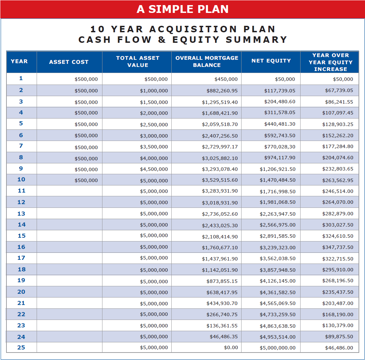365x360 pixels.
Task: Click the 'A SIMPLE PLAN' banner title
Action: [182, 9]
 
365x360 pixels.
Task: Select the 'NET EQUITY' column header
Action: [271, 61]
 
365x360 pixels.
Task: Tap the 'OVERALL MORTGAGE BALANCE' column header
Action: [207, 61]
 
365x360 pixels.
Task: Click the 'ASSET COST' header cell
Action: [69, 62]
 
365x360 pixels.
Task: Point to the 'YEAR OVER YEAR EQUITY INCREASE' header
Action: [330, 62]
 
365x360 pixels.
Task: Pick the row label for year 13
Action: [21, 214]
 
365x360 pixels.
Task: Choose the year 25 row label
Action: [21, 347]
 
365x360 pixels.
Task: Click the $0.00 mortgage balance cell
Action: [231, 348]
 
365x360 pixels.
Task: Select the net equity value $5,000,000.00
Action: [277, 348]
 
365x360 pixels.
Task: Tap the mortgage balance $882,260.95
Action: [222, 91]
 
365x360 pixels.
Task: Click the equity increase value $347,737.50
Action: [338, 247]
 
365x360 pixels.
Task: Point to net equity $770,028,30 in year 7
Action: [280, 147]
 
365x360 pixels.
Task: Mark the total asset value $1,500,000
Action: [154, 102]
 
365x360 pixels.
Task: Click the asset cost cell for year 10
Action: [86, 180]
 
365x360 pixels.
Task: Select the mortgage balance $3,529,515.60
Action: [220, 180]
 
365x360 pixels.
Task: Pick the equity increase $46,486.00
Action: [339, 348]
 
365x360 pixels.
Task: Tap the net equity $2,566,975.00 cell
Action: [277, 225]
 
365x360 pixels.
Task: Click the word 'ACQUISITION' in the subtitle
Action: [193, 29]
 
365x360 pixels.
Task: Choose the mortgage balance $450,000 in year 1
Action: [226, 79]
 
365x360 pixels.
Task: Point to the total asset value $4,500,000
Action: [154, 169]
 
